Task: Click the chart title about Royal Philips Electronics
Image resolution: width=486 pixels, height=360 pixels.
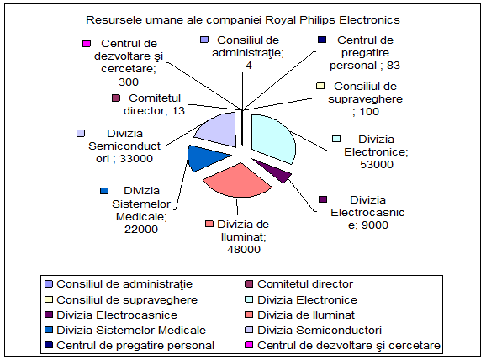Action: click(243, 19)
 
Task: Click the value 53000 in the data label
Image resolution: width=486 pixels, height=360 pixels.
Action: click(377, 164)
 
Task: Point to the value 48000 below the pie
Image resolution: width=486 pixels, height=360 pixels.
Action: click(244, 249)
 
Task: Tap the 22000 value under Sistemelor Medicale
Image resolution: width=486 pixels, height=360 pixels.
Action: click(141, 229)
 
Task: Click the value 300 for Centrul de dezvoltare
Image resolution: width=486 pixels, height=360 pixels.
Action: click(129, 82)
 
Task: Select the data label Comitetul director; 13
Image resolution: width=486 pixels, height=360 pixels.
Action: click(154, 104)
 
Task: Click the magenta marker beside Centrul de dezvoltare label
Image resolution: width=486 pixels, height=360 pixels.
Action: click(87, 44)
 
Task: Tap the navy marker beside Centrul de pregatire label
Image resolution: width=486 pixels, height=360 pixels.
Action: click(322, 40)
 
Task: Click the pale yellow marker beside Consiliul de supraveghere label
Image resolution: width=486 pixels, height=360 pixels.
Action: click(320, 86)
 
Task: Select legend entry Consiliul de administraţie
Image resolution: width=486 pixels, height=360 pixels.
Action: click(119, 284)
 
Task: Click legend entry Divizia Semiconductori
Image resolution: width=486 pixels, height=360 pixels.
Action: click(314, 331)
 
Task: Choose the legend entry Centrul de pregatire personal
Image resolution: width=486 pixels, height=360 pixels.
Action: click(129, 346)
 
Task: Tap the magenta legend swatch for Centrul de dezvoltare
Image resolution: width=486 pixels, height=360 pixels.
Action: click(249, 345)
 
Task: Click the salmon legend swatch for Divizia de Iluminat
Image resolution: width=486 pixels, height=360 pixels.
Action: click(249, 315)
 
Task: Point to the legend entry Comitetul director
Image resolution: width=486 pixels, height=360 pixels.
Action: click(299, 284)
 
